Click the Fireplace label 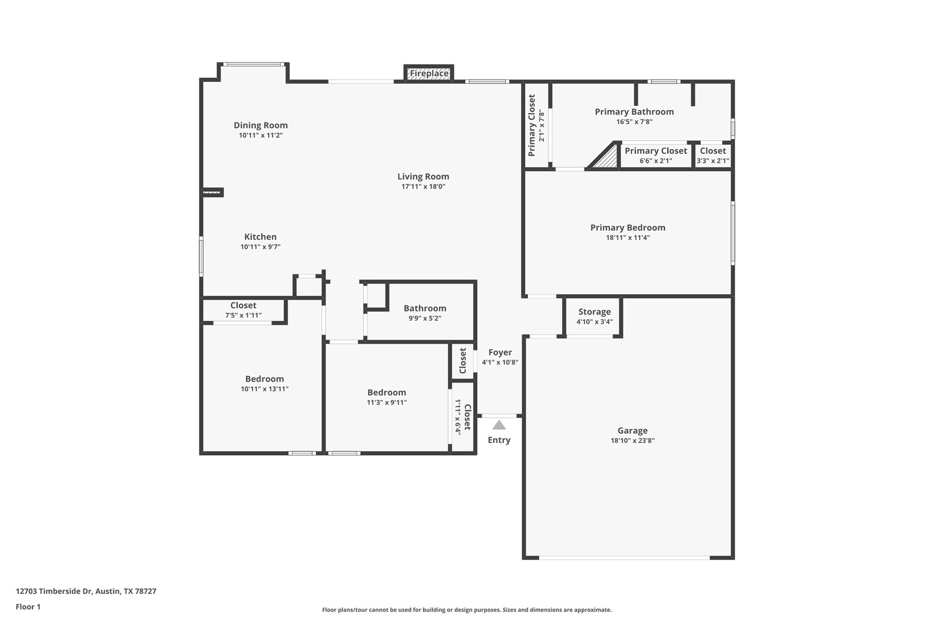coord(429,73)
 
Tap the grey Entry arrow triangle coord(499,425)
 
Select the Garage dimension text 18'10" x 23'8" coord(632,441)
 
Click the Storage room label coord(594,312)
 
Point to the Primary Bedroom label coord(628,227)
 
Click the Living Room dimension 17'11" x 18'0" coord(423,186)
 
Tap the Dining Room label coord(260,125)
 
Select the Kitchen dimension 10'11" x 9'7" coord(260,247)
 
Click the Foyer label coord(500,352)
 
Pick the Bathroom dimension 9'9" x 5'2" coord(425,319)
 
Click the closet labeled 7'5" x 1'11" coord(243,310)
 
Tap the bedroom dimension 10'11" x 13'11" coord(265,389)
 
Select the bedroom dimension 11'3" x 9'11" coord(387,402)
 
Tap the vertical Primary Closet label coord(532,125)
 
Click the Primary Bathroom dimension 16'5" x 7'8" coord(634,122)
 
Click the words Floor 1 coord(28,607)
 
